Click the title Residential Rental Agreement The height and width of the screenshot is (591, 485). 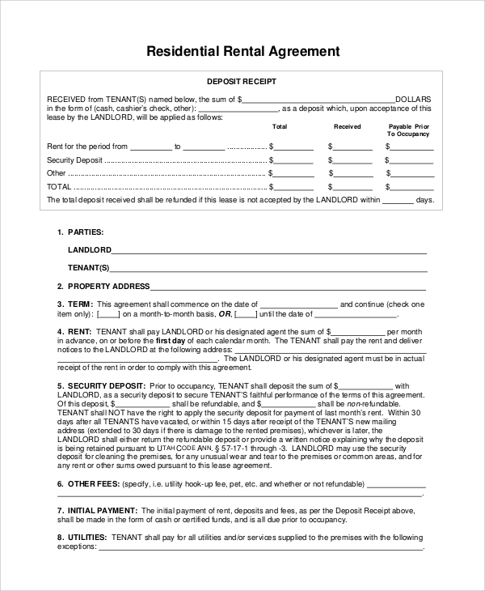click(242, 51)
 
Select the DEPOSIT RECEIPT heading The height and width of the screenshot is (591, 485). click(242, 82)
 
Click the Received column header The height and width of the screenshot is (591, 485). click(348, 127)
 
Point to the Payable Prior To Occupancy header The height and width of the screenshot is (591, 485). click(408, 130)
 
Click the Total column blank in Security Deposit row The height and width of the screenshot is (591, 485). click(293, 160)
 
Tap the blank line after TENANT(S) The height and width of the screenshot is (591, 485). click(268, 268)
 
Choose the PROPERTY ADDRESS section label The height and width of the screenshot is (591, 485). click(108, 286)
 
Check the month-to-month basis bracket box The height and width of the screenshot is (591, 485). click(108, 314)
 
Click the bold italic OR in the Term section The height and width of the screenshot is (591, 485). click(226, 314)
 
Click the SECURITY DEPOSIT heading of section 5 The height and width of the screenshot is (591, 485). click(106, 385)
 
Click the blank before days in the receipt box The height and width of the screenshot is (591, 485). click(397, 200)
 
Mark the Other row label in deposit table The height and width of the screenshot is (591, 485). click(56, 173)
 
